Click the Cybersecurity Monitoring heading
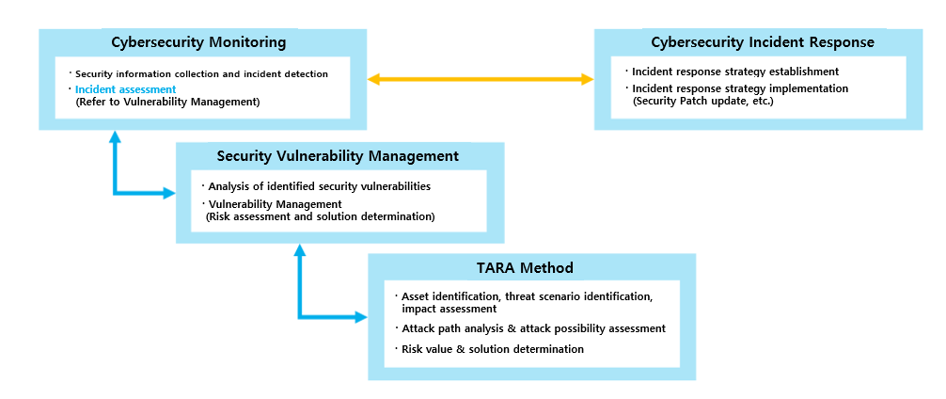coord(198,42)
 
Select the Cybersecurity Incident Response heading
coord(763,42)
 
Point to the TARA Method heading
coord(532,268)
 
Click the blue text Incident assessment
coord(125,89)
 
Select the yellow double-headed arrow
coord(481,80)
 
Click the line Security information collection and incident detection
coord(201,72)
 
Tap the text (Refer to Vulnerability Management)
coord(166,101)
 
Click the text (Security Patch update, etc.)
coord(702,100)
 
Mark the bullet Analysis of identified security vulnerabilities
coord(319,186)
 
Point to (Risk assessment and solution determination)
coord(319,215)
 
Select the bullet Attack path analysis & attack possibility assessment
coord(533,328)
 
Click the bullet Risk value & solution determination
coord(492,349)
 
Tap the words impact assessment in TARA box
coord(449,308)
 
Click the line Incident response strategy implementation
coord(739,88)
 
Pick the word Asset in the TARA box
coord(416,296)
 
